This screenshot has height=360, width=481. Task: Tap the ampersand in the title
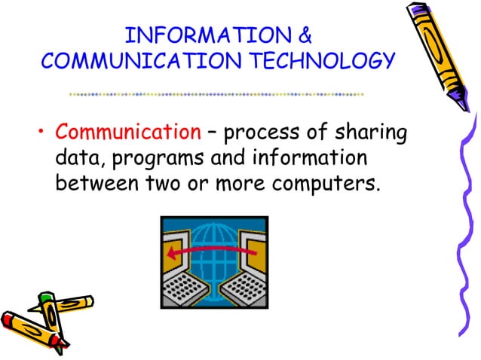tap(304, 36)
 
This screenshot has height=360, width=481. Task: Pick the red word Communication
tap(124, 133)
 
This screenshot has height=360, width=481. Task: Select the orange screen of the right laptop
tap(253, 245)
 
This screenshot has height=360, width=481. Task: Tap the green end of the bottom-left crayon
tap(46, 301)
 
